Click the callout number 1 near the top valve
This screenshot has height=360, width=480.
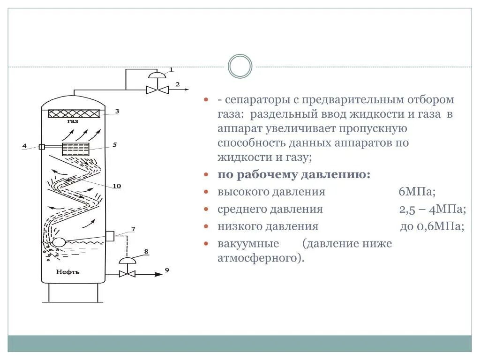(x=171, y=70)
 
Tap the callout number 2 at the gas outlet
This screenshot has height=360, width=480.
(x=177, y=84)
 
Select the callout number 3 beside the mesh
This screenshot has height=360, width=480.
(x=117, y=111)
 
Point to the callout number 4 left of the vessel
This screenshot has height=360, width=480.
(x=24, y=146)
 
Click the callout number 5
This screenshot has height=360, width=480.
(x=115, y=145)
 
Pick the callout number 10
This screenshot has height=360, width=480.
(x=117, y=186)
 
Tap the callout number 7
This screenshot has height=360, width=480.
(x=133, y=229)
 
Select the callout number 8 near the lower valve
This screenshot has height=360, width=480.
(x=146, y=252)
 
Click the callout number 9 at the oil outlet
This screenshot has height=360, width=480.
(x=167, y=270)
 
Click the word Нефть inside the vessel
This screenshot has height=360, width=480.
(x=68, y=271)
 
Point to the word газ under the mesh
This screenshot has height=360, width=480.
(x=73, y=121)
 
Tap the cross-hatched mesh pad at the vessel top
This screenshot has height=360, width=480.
(x=74, y=113)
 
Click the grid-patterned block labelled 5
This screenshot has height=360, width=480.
(x=75, y=149)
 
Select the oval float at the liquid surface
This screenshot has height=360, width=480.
(x=59, y=242)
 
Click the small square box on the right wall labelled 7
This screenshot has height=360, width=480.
(x=110, y=235)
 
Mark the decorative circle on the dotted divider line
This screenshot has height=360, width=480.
(x=240, y=66)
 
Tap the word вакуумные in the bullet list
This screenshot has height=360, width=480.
(x=248, y=244)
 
